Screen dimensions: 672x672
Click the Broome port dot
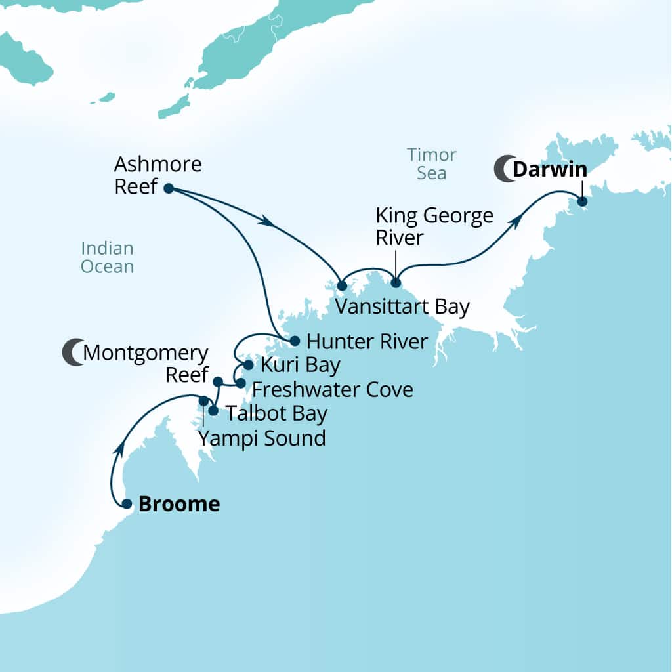(x=127, y=504)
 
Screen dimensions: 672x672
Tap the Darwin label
(x=549, y=169)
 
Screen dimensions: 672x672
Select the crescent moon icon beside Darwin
(x=504, y=169)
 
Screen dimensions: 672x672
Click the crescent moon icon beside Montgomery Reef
(x=73, y=352)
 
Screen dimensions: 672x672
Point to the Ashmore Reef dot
(x=168, y=188)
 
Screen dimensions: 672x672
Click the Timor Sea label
(x=431, y=164)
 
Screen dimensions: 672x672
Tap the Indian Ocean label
(x=107, y=257)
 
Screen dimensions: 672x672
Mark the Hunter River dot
(x=295, y=341)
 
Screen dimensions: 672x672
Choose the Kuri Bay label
(x=300, y=365)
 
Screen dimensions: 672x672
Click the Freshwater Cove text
(x=332, y=390)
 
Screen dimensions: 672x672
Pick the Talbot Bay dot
(x=213, y=411)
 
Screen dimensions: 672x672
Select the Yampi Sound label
(x=262, y=438)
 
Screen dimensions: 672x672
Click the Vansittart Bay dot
(x=341, y=285)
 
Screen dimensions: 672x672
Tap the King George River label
(x=434, y=226)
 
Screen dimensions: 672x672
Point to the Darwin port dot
(x=581, y=201)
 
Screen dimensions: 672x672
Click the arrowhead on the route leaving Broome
(x=120, y=448)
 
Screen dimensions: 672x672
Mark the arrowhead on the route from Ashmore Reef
(x=267, y=222)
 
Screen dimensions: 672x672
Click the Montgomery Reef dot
(x=219, y=381)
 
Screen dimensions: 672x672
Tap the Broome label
(x=178, y=504)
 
